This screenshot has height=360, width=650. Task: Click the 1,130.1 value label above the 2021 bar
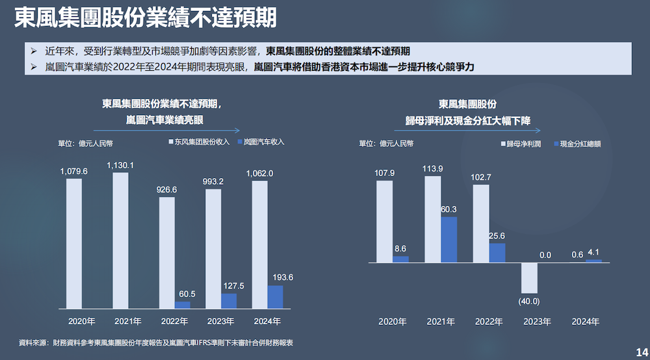tap(120, 166)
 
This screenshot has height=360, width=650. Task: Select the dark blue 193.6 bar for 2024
tap(275, 297)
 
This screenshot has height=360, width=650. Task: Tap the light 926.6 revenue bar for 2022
tap(167, 253)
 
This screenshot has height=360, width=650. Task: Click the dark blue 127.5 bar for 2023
tap(229, 301)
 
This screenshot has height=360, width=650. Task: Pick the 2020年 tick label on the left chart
tap(82, 321)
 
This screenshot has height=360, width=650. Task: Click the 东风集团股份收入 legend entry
tap(200, 142)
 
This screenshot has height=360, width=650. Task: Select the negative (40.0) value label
tap(529, 301)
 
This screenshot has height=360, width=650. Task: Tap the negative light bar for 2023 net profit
tap(529, 277)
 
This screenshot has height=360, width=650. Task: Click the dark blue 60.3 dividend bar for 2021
tap(449, 240)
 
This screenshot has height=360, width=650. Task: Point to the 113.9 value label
tap(432, 169)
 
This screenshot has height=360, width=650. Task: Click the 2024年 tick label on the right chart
tap(586, 321)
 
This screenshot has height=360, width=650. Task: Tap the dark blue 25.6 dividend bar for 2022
tap(497, 253)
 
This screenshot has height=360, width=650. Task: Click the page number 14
tap(640, 351)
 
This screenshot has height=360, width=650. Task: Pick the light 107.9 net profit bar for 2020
tap(384, 222)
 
